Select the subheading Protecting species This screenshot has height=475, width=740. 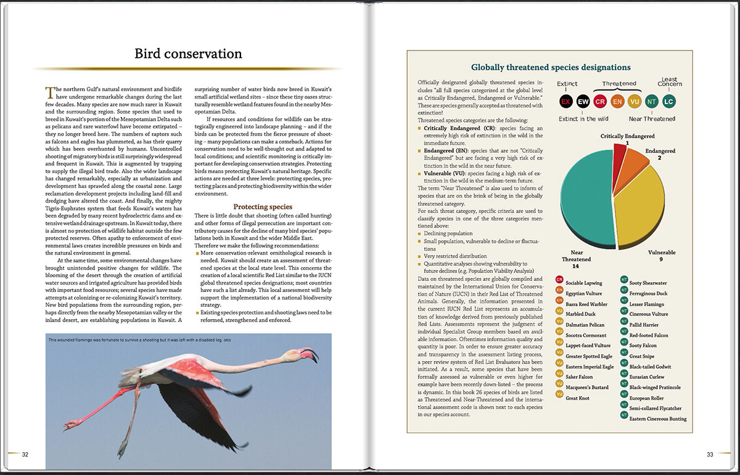click(x=262, y=206)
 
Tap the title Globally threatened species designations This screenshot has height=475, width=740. click(x=551, y=67)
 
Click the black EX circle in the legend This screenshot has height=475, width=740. click(x=565, y=102)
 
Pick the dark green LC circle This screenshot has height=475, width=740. click(x=669, y=102)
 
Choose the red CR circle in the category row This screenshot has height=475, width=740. click(x=600, y=102)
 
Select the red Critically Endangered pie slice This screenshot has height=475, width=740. click(x=620, y=157)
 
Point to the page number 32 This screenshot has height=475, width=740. click(x=25, y=455)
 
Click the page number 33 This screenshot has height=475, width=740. click(x=710, y=455)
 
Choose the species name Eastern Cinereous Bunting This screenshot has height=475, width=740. click(x=658, y=419)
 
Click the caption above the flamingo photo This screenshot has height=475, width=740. click(x=139, y=340)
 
